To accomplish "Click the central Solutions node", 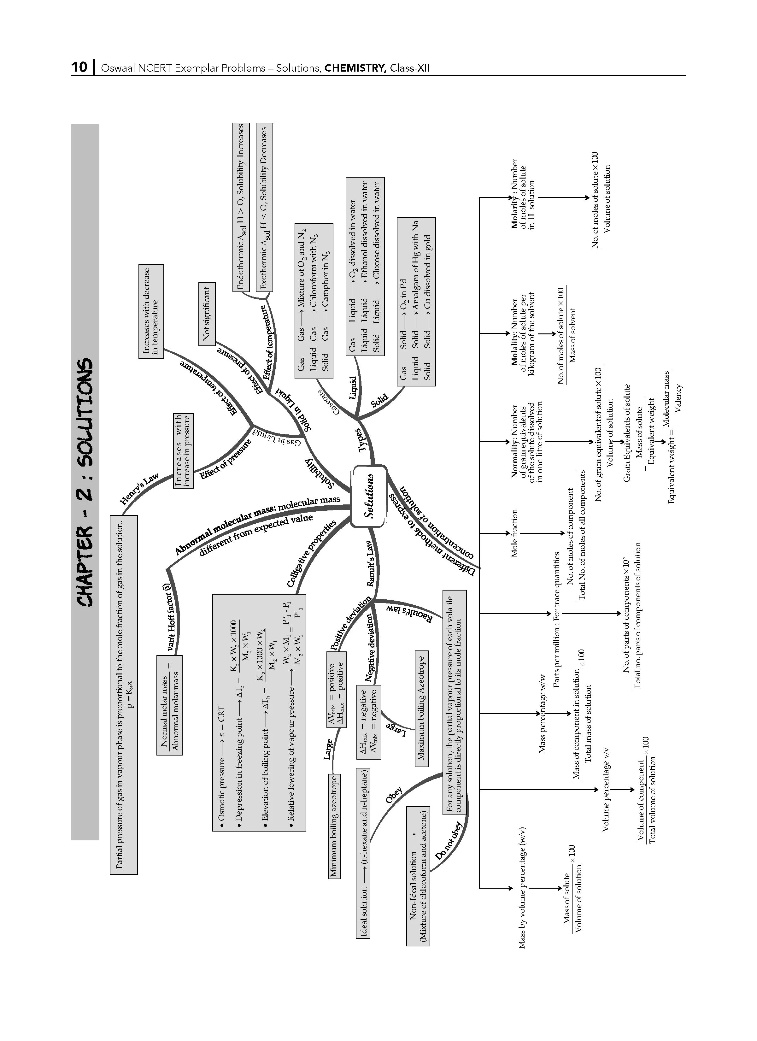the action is coord(369,497).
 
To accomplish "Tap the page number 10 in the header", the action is coord(79,68).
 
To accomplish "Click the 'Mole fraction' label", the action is coord(515,533).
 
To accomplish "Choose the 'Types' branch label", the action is coord(364,440).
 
